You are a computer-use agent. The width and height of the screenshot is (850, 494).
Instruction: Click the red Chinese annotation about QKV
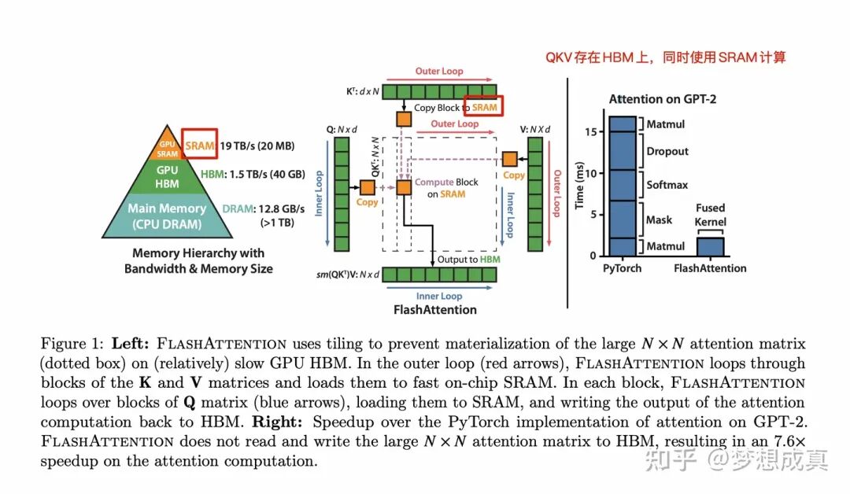[x=666, y=57]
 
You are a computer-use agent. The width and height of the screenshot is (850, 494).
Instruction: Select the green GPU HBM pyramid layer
[x=167, y=177]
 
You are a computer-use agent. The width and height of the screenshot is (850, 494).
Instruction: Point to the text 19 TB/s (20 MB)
[x=258, y=146]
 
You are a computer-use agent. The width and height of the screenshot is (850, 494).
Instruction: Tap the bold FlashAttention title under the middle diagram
[x=434, y=309]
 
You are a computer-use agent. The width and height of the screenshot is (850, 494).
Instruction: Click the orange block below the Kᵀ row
[x=404, y=119]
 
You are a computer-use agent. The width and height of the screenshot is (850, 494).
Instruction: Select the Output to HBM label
[x=469, y=259]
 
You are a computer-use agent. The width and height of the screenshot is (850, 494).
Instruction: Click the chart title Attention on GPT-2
[x=663, y=99]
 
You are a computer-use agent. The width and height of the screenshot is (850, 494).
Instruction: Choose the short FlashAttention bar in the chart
[x=710, y=246]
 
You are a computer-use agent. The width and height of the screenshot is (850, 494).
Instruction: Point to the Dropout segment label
[x=667, y=151]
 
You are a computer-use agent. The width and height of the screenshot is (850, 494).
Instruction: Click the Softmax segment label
[x=667, y=185]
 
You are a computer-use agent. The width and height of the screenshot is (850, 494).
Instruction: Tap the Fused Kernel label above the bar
[x=710, y=215]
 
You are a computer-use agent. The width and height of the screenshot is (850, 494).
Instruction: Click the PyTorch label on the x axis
[x=622, y=268]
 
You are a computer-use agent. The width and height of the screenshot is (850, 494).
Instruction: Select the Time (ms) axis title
[x=580, y=185]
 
